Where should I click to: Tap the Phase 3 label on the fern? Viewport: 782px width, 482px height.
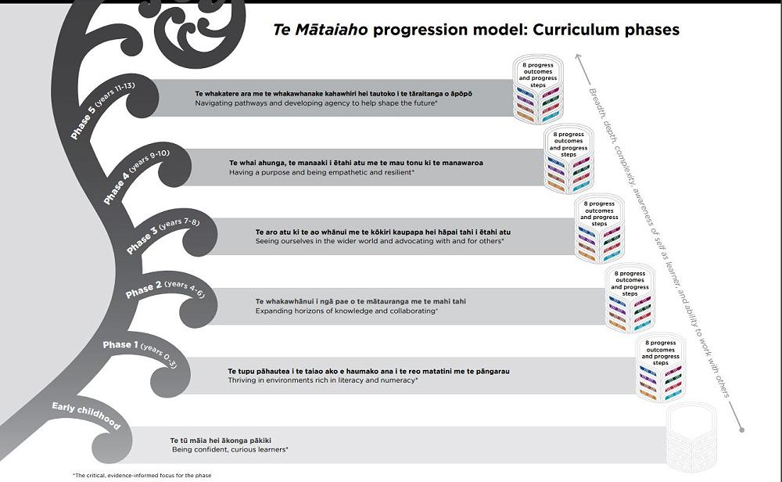point(140,242)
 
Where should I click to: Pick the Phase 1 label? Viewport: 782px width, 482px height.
point(118,345)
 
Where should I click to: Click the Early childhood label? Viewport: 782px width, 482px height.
point(86,415)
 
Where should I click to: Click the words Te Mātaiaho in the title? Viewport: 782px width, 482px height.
point(321,31)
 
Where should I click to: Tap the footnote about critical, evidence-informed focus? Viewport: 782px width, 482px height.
point(141,475)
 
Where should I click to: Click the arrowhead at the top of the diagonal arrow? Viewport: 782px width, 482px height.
point(576,56)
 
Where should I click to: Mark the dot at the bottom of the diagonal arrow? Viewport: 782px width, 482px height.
point(741,430)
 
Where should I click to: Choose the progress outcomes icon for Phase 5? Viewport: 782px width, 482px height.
point(536,90)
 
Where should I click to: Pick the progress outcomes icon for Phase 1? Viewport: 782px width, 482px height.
point(661,370)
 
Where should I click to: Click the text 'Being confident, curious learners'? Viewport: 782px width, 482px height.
point(230,450)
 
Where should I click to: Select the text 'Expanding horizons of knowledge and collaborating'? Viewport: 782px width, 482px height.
point(346,311)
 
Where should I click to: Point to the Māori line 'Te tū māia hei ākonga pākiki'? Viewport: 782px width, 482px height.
point(221,440)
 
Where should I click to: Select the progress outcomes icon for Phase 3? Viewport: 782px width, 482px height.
point(599,231)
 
